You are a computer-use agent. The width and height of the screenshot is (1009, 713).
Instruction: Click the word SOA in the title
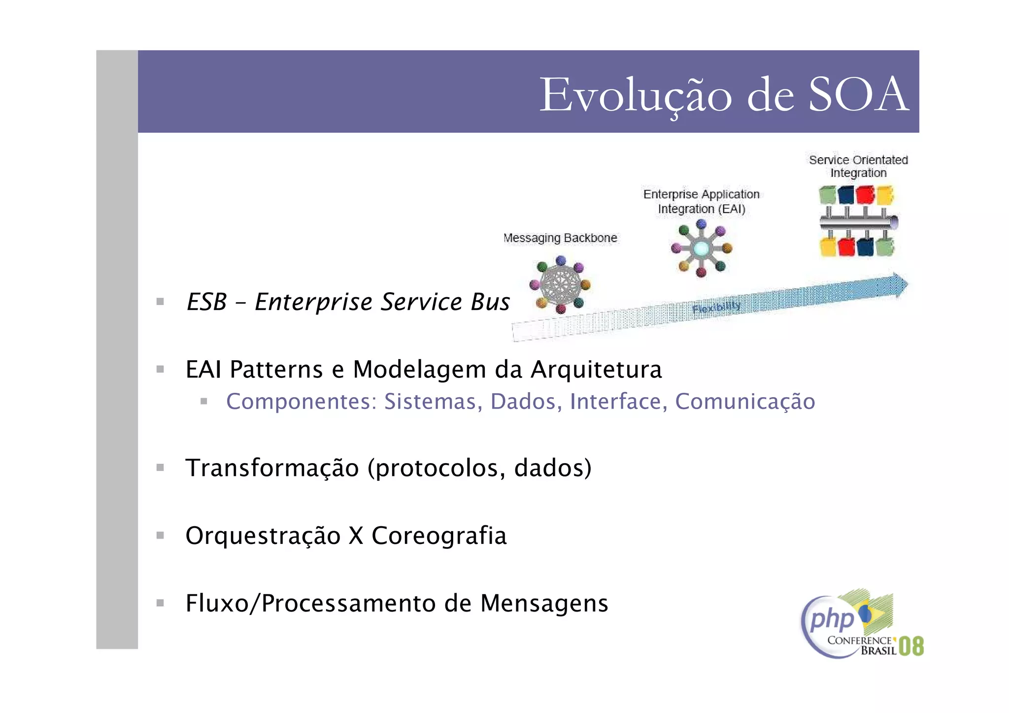[x=858, y=95]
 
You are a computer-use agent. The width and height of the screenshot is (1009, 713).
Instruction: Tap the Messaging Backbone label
[x=560, y=238]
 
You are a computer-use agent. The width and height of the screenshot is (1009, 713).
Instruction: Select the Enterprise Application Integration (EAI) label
[x=701, y=202]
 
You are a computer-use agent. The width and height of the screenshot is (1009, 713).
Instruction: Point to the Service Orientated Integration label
[x=858, y=166]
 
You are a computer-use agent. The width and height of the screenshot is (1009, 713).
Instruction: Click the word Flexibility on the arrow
[x=716, y=307]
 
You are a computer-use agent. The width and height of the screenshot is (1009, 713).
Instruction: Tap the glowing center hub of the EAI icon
[x=701, y=249]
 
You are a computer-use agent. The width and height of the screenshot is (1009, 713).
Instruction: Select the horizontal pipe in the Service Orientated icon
[x=857, y=223]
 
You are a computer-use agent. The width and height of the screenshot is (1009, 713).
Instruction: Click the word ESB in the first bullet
[x=206, y=302]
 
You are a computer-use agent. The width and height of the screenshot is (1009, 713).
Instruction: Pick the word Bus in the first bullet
[x=490, y=302]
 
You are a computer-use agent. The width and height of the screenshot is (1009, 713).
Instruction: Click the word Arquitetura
[x=596, y=370]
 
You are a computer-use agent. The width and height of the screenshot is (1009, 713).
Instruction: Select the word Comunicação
[x=745, y=402]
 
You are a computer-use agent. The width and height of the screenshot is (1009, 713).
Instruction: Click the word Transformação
[x=272, y=468]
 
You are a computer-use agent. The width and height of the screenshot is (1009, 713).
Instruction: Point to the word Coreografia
[x=439, y=536]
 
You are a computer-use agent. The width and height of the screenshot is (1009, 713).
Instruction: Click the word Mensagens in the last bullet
[x=544, y=603]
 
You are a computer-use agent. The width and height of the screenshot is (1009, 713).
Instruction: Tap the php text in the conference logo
[x=832, y=619]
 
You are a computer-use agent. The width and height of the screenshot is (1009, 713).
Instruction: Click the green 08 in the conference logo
[x=911, y=646]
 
